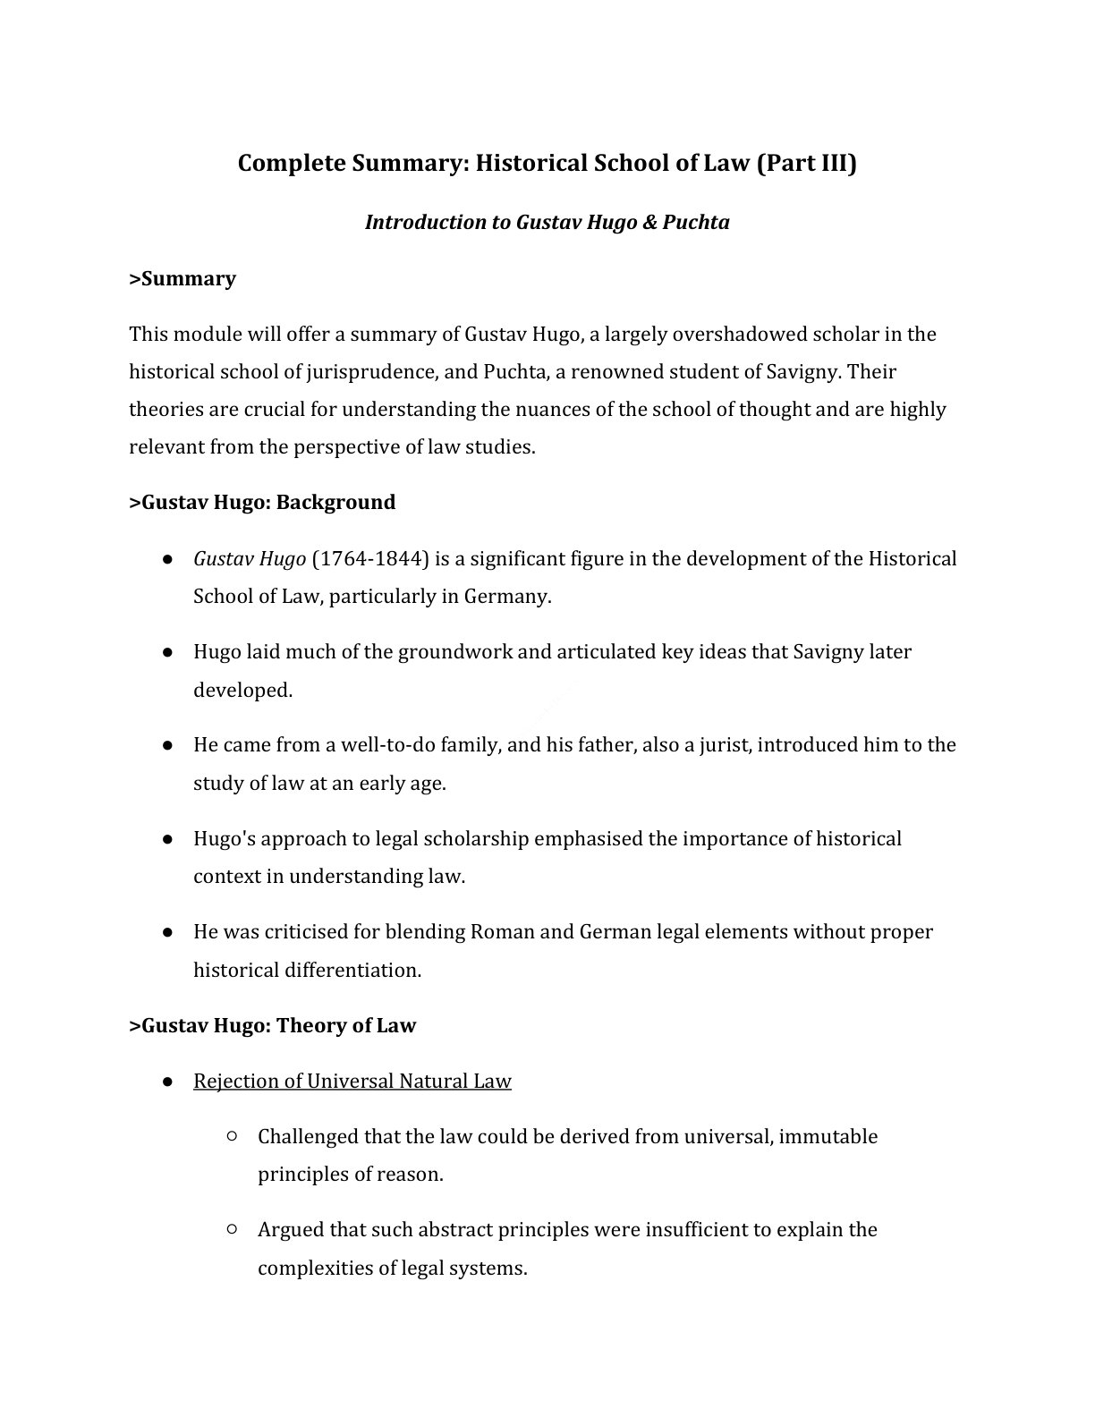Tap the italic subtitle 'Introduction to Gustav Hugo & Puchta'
(547, 222)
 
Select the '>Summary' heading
(182, 278)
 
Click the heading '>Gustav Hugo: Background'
(262, 502)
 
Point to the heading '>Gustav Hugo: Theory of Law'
(273, 1025)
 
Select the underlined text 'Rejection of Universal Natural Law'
(352, 1081)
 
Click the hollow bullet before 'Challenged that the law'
(232, 1136)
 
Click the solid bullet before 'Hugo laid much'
(167, 652)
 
